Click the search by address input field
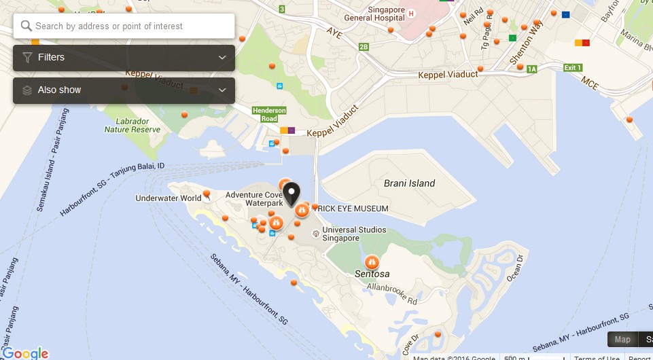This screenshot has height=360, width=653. [129, 26]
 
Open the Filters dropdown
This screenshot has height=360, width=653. [124, 58]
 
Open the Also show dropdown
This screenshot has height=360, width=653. [124, 90]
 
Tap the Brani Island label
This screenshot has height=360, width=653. [409, 183]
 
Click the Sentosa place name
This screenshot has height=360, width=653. [372, 274]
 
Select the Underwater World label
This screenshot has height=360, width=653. [168, 198]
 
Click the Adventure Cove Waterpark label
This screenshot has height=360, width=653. [254, 199]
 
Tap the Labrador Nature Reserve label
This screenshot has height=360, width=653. [133, 126]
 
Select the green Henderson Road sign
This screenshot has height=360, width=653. [269, 113]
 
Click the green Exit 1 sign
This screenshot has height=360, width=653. [573, 68]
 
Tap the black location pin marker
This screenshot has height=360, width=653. [292, 194]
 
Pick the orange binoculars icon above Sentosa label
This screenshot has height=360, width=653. [372, 262]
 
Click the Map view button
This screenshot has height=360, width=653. [622, 340]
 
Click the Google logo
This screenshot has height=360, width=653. [25, 353]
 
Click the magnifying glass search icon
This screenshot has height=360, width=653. [27, 26]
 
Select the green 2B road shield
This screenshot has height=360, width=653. [364, 47]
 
